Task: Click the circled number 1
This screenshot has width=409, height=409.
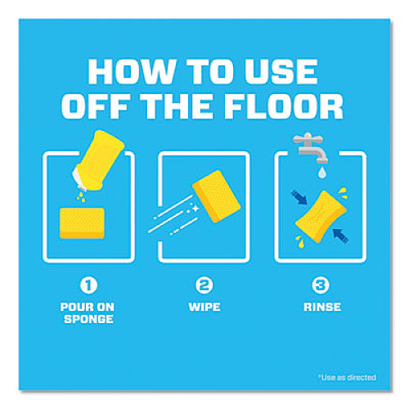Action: coord(88,285)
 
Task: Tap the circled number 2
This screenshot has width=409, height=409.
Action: coord(204,285)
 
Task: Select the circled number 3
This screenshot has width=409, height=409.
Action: coord(320,285)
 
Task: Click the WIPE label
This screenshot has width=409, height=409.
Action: coord(204,307)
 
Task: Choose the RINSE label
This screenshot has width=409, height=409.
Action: coord(322,307)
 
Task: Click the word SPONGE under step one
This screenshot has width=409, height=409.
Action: coord(88,319)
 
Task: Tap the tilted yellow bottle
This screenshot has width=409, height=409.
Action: coord(98,161)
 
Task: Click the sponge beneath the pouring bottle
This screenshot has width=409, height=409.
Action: coord(82,223)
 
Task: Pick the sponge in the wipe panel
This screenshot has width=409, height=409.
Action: coord(217,196)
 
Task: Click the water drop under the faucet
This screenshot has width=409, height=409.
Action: coord(322,173)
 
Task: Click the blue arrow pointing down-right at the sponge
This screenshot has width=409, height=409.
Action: coord(299,197)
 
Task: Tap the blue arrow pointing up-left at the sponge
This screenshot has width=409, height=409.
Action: coord(340,236)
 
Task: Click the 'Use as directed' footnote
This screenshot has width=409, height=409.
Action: coord(348,377)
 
